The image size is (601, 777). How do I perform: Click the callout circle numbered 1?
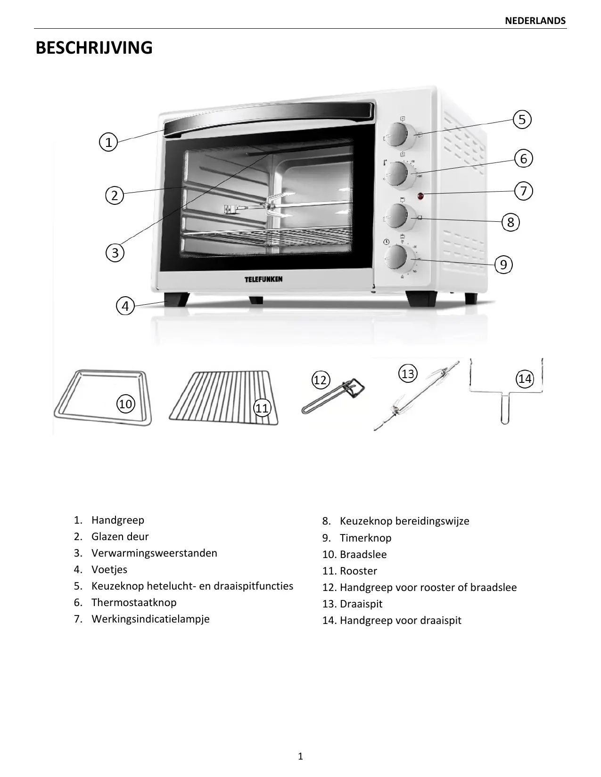pos(108,142)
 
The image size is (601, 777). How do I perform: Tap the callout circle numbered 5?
pos(522,120)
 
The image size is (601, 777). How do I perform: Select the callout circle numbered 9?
pos(503,265)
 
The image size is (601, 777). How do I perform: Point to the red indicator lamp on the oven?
pos(420,195)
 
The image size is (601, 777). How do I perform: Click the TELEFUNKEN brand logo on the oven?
pos(263,279)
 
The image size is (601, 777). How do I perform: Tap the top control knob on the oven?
pos(396,135)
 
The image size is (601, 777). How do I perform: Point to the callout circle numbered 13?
pos(408,374)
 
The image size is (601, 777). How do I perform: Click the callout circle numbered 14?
pos(525,379)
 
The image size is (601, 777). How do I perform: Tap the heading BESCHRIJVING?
pos(94,48)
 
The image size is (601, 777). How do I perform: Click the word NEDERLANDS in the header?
pos(535,21)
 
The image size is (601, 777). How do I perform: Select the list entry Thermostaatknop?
pos(134,602)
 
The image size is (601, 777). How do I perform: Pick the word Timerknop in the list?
pos(365,538)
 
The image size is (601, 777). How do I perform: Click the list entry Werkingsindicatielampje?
pos(150,619)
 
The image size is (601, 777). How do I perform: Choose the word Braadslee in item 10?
pos(363,554)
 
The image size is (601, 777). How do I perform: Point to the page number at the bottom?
pos(301,757)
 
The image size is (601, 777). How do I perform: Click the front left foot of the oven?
pos(177,299)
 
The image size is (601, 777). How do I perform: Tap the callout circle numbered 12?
pos(320,380)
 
